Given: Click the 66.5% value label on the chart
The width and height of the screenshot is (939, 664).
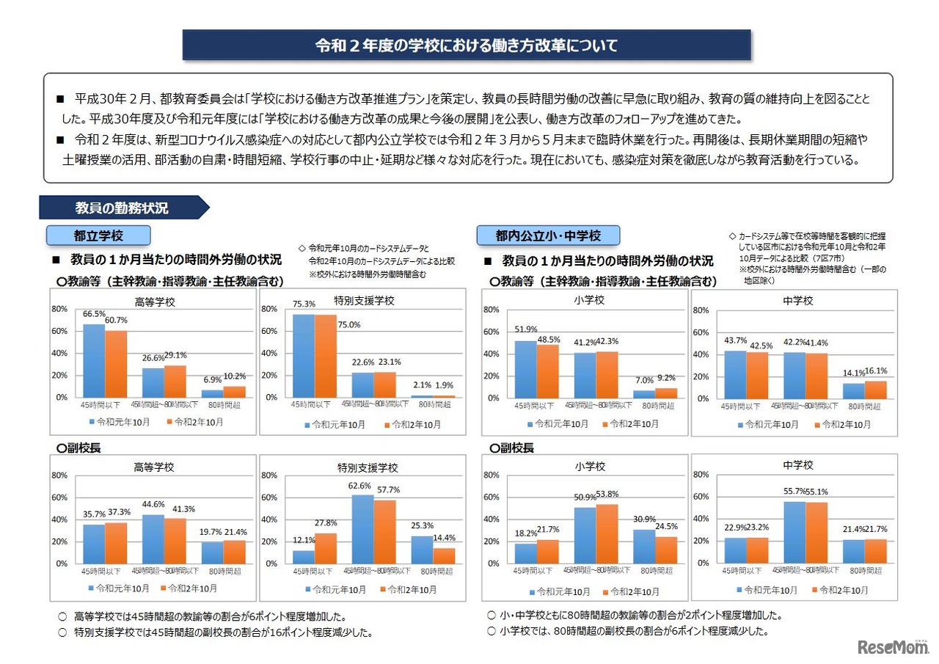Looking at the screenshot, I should (93, 314).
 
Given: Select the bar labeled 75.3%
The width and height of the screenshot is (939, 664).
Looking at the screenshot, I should (304, 356).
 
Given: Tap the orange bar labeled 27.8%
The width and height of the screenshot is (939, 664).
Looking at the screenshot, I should (326, 548).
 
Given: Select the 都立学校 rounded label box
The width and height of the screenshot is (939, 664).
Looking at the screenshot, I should (98, 235).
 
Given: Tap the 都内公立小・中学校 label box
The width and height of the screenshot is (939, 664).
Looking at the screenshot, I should (548, 236).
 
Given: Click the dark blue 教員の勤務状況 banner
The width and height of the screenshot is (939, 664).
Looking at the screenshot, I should (122, 208).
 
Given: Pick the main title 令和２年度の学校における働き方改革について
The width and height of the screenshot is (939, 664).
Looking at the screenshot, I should (467, 45).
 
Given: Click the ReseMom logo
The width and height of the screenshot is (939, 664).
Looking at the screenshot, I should (892, 646).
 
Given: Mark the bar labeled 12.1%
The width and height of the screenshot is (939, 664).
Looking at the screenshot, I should (304, 557).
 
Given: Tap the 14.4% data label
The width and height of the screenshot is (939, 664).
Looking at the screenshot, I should (443, 537).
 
